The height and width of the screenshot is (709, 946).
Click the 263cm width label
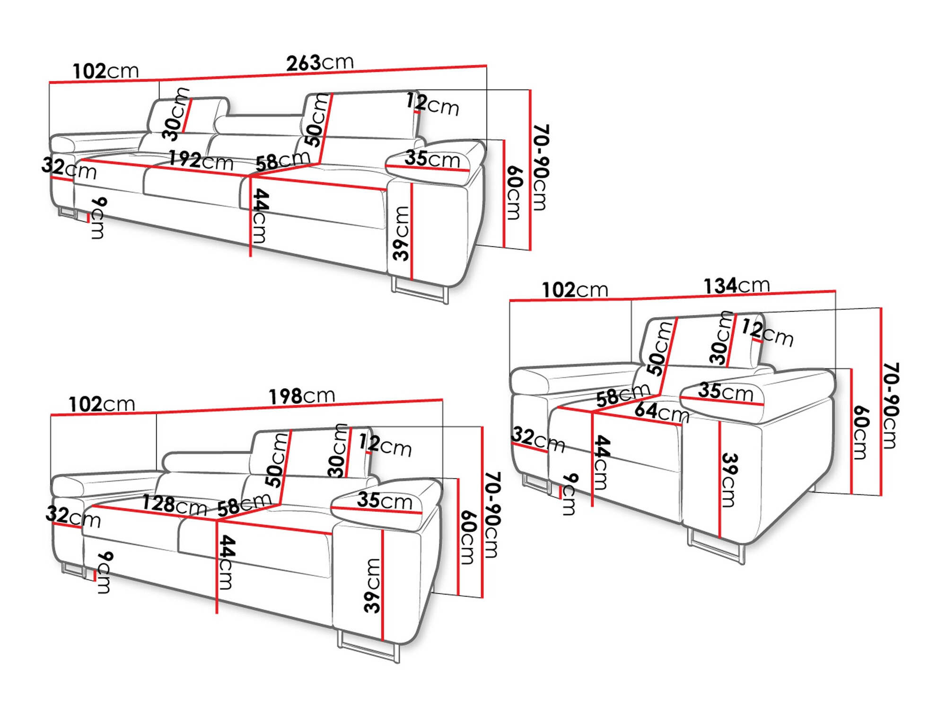[x=320, y=62]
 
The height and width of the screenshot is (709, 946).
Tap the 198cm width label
[x=302, y=396]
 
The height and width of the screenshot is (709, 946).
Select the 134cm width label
[x=736, y=285]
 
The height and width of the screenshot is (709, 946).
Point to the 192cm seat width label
[x=201, y=160]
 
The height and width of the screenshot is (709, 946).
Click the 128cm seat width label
[x=175, y=505]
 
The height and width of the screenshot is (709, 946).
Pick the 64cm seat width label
[x=661, y=411]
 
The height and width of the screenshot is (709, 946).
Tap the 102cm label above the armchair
[x=574, y=289]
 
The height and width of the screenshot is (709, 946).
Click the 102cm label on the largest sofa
[x=105, y=71]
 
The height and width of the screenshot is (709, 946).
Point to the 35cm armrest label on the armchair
[x=725, y=392]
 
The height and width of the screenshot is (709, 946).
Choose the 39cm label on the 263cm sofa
[x=401, y=233]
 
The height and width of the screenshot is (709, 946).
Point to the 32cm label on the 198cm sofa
[x=73, y=516]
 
